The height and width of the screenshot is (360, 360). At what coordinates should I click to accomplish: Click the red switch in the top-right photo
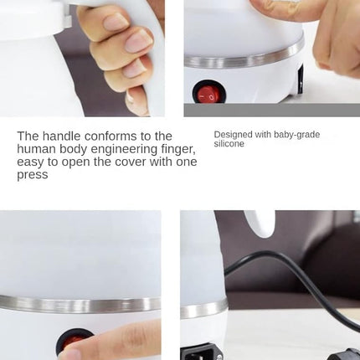[208, 92]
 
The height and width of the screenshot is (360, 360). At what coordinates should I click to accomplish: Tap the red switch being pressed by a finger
[75, 342]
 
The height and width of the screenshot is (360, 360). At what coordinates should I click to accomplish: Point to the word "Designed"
[232, 134]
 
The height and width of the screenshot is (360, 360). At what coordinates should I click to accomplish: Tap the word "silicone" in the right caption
[229, 144]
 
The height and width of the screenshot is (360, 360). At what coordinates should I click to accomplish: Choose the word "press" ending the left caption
[33, 175]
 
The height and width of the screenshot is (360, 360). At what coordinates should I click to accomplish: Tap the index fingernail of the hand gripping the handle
[137, 39]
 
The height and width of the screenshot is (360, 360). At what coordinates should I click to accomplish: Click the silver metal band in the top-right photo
[243, 59]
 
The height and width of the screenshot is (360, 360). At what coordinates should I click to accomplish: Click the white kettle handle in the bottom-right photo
[265, 223]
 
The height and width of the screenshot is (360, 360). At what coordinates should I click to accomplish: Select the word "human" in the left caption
[35, 149]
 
